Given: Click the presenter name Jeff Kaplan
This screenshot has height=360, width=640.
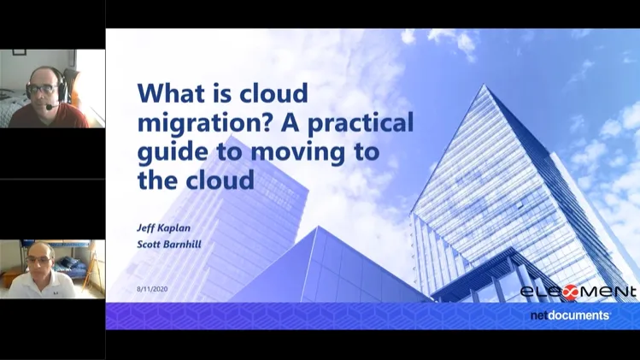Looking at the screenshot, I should pos(163,228).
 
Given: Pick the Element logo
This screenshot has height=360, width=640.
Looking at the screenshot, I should pos(578,292).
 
